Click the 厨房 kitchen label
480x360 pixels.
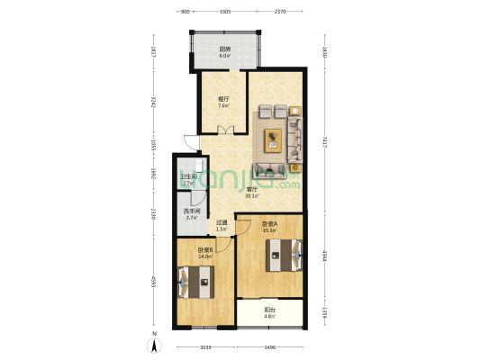pos(224,51)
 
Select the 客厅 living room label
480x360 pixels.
pos(255,191)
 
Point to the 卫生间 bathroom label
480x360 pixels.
pos(187,177)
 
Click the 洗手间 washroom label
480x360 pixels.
pos(191,214)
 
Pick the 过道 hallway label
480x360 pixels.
pos(222,225)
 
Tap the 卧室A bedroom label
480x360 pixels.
pos(268,226)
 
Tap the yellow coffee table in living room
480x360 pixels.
pos(273,139)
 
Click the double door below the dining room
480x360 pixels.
pos(224,130)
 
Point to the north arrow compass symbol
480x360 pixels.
pos(154,343)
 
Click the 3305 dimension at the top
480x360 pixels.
pos(224,12)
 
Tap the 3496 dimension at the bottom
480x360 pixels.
pos(269,346)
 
